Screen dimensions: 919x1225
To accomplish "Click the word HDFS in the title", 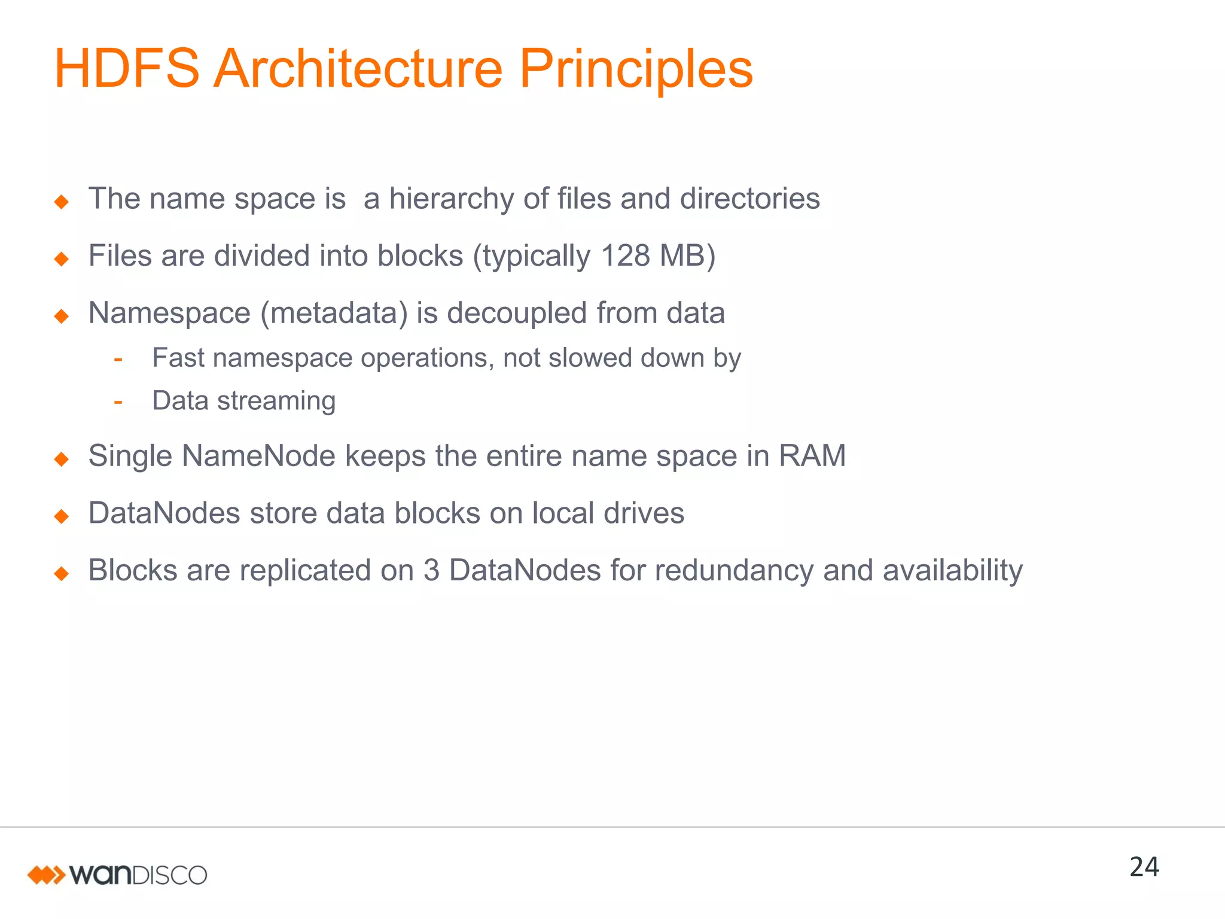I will (127, 69).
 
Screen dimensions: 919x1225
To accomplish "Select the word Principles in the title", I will (636, 69).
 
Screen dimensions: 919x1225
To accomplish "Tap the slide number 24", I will (1144, 867).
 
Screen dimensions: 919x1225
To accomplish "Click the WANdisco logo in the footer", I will (117, 875).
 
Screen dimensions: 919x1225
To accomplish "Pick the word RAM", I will (812, 456).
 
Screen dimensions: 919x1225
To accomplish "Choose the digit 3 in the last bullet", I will (431, 570).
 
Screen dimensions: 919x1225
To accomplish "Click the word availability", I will (952, 570).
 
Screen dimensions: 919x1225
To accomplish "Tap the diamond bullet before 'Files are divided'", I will (62, 259).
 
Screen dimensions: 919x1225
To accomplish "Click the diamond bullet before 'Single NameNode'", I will (62, 459).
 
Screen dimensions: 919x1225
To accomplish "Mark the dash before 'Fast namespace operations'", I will (118, 359).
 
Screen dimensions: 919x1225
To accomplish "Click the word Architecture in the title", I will (358, 69).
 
